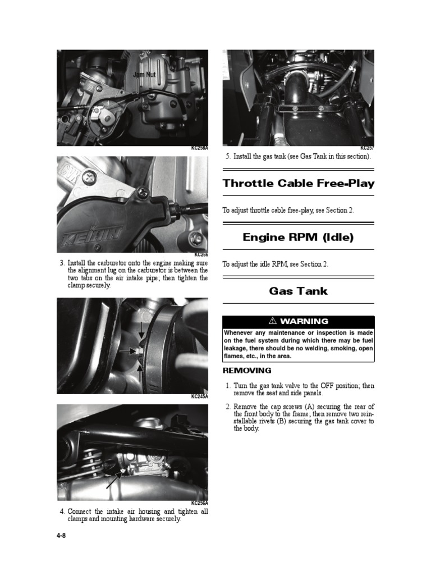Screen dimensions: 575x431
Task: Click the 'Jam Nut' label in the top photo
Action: (144, 74)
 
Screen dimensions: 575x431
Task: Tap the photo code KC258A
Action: (199, 148)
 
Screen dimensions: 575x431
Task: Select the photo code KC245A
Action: (199, 396)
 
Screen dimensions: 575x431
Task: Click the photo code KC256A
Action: (199, 503)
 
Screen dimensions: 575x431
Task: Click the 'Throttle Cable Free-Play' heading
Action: (298, 183)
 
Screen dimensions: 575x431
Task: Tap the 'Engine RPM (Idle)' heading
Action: (298, 237)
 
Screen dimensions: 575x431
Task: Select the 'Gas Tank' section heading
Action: (298, 291)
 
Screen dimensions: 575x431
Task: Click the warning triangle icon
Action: (273, 321)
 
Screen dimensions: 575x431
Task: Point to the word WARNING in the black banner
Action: (304, 321)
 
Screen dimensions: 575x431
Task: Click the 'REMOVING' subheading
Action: (247, 371)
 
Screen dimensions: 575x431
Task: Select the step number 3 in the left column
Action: (62, 263)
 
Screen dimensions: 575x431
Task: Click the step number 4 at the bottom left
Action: (62, 512)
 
